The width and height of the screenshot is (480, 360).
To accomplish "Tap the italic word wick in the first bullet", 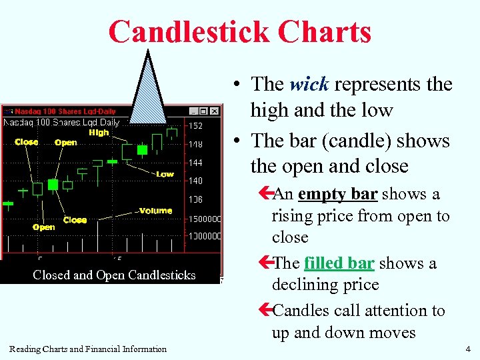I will tap(309, 85).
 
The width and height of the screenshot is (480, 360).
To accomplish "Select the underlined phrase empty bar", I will tap(338, 194).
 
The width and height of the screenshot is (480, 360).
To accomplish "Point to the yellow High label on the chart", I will tap(99, 133).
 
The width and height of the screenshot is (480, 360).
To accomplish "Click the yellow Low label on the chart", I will tap(165, 174).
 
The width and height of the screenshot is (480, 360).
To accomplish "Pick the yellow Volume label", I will tap(155, 211).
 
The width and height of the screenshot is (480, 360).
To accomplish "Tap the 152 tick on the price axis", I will tap(195, 125).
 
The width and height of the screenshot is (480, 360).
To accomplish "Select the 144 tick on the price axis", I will tap(195, 163).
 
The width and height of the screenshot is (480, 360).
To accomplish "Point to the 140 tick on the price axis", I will tap(195, 181).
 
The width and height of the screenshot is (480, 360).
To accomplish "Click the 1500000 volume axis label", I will tap(205, 219).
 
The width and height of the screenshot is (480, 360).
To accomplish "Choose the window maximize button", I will tap(204, 111).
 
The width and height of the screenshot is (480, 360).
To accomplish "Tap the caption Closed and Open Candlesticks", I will tap(114, 275).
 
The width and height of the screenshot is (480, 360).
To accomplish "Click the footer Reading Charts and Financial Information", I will tap(88, 349).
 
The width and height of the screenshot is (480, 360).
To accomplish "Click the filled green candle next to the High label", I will tap(141, 150).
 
